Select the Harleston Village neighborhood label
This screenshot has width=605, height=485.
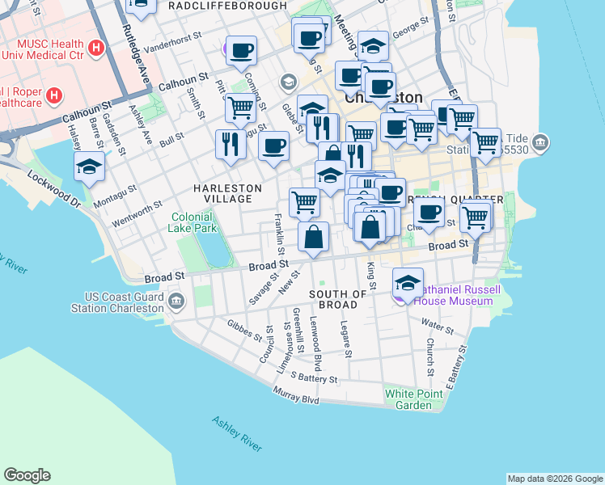click(227, 193)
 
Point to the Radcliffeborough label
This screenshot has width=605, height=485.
click(226, 6)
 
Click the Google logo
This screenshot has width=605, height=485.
click(27, 475)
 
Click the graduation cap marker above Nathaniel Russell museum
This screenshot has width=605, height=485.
click(408, 283)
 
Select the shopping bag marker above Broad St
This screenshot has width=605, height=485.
click(314, 237)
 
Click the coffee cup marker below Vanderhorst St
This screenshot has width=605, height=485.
click(241, 51)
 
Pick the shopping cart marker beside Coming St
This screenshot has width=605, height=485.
click(240, 108)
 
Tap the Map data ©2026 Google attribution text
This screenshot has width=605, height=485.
click(555, 478)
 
